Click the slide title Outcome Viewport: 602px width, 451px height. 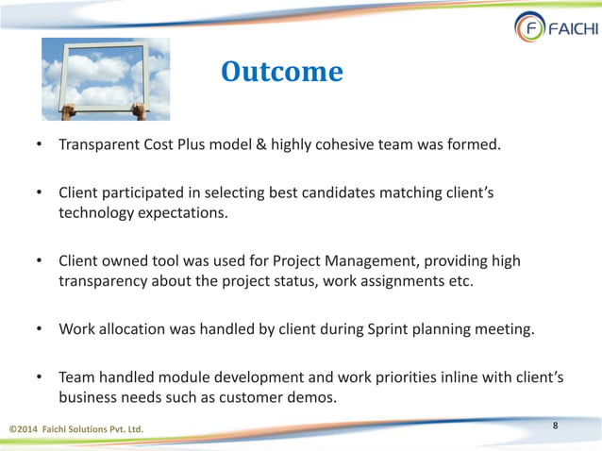tap(281, 72)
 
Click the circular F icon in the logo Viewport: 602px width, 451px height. tap(529, 27)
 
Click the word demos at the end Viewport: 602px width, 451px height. tap(312, 397)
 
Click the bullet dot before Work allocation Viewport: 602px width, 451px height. tap(40, 329)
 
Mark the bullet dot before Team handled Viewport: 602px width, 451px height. tap(40, 377)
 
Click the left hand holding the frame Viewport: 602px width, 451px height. tap(69, 110)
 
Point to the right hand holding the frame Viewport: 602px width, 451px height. tap(139, 110)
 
